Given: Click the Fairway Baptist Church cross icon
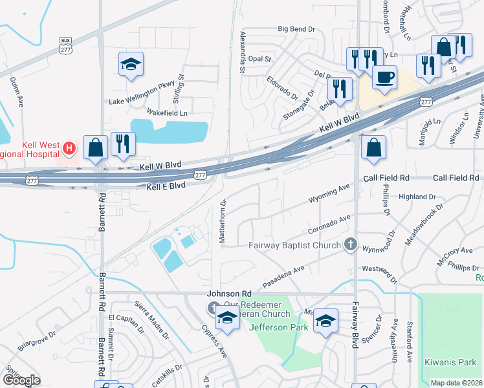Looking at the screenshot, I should [x=350, y=244].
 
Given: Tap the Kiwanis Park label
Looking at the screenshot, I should [x=450, y=362].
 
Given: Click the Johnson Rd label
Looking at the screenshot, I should [x=229, y=293].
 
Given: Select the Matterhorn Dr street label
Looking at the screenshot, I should [x=223, y=221].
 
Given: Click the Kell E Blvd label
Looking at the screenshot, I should [x=166, y=186].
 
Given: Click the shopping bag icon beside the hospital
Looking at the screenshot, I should [x=96, y=147].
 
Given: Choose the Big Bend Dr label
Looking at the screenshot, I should [x=296, y=29].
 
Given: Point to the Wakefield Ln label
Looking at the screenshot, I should [x=167, y=113].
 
